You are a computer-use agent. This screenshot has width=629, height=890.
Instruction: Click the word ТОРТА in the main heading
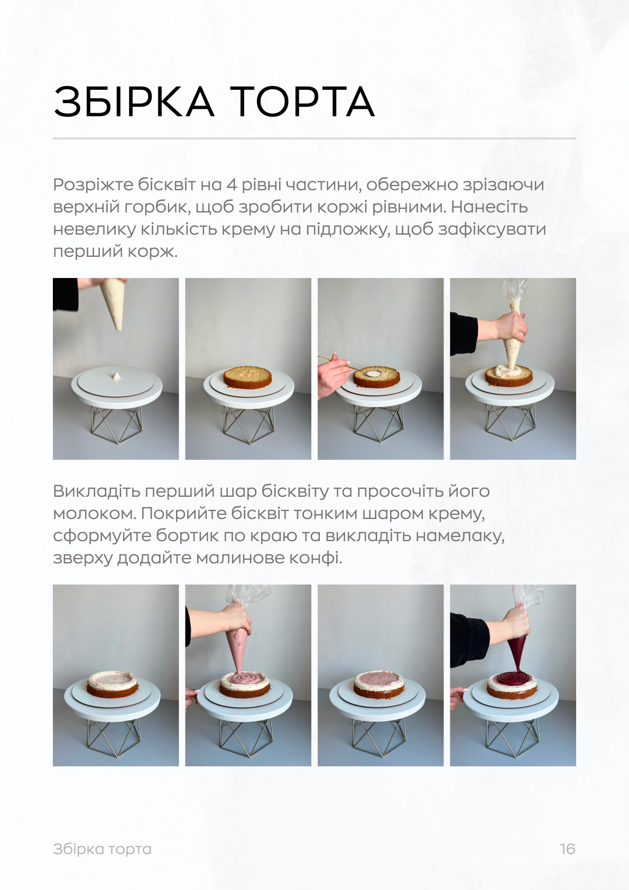click(x=302, y=101)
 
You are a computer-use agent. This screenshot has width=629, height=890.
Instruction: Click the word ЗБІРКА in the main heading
click(x=134, y=101)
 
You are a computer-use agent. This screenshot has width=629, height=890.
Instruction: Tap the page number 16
click(x=567, y=849)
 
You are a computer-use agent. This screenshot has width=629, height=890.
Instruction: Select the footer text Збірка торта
click(x=102, y=849)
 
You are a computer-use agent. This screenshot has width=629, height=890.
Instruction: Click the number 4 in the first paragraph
click(x=232, y=184)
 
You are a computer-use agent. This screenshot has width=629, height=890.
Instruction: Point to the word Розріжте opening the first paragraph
click(x=93, y=184)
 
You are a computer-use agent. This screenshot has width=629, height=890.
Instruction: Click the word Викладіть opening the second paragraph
click(x=96, y=491)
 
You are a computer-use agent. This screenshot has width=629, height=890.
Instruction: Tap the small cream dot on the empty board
click(x=116, y=376)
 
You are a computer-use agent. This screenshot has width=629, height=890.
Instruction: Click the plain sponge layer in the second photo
click(x=247, y=377)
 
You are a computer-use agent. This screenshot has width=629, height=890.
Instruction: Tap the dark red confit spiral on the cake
click(x=512, y=679)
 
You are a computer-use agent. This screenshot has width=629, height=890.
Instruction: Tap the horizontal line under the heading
click(x=314, y=138)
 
